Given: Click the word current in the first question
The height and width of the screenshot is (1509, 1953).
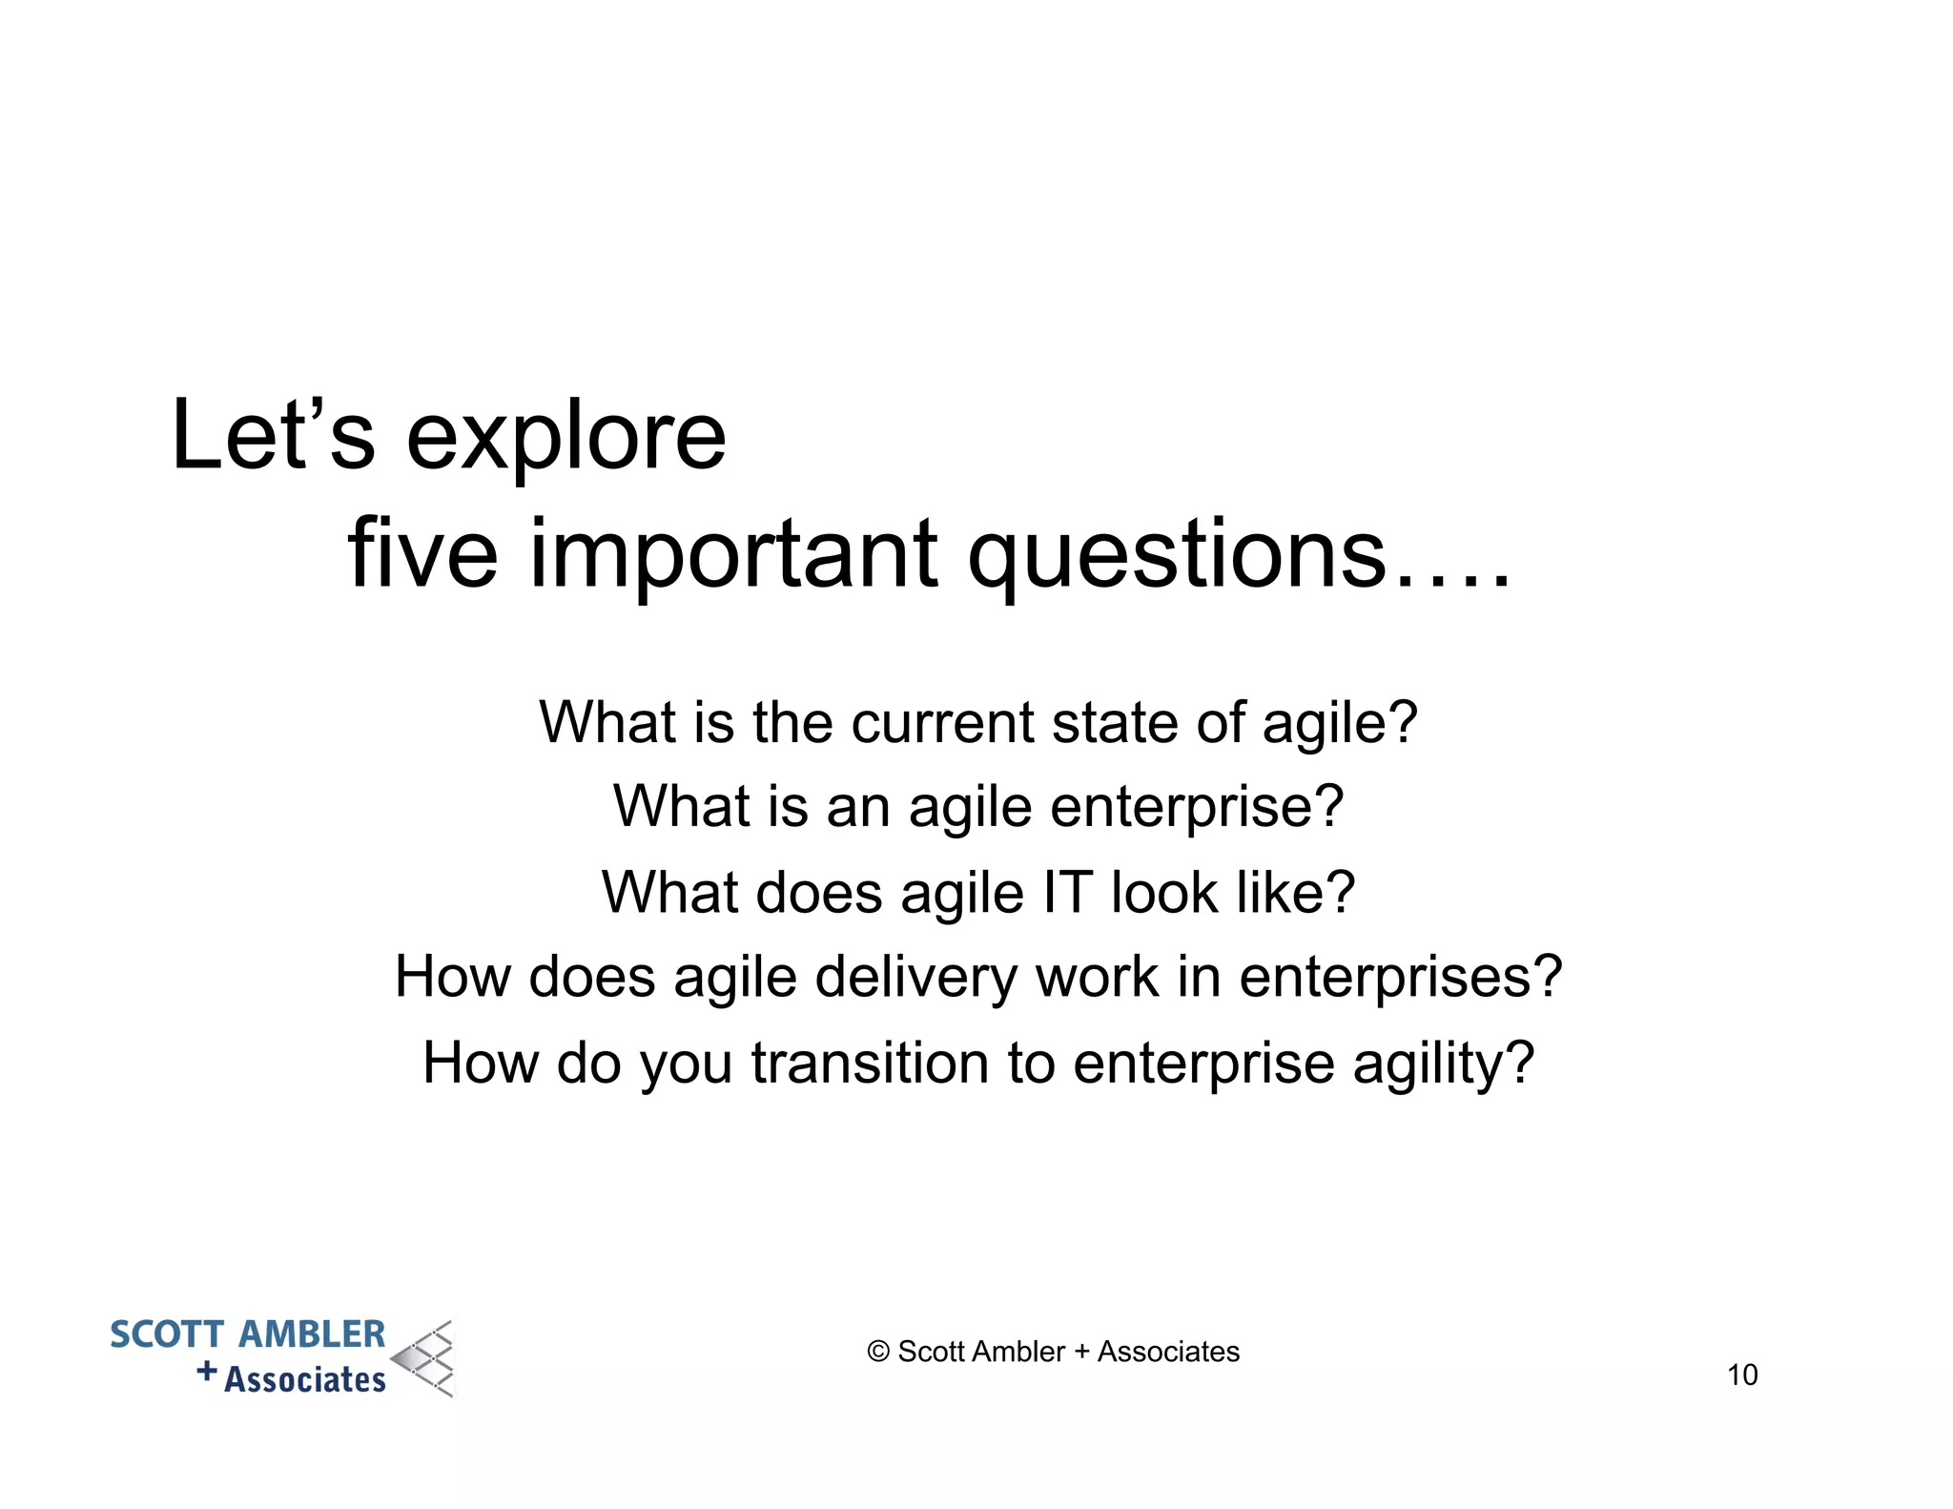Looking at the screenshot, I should [942, 723].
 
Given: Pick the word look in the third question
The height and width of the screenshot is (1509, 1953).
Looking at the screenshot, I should [1164, 893].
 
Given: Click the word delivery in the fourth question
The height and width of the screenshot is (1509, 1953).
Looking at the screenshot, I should [916, 979].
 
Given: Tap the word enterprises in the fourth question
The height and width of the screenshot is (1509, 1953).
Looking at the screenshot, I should [1400, 979].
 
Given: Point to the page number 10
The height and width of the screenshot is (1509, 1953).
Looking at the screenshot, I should [1741, 1375].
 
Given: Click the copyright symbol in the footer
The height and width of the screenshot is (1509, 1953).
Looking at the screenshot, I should [878, 1352].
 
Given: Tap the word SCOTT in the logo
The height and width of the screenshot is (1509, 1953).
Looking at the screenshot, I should [168, 1334].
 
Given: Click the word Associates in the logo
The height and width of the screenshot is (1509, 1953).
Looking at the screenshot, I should [305, 1380].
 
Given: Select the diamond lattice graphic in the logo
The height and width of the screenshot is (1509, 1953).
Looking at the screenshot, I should [425, 1359].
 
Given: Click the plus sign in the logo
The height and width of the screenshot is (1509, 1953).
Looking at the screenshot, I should [207, 1372].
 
